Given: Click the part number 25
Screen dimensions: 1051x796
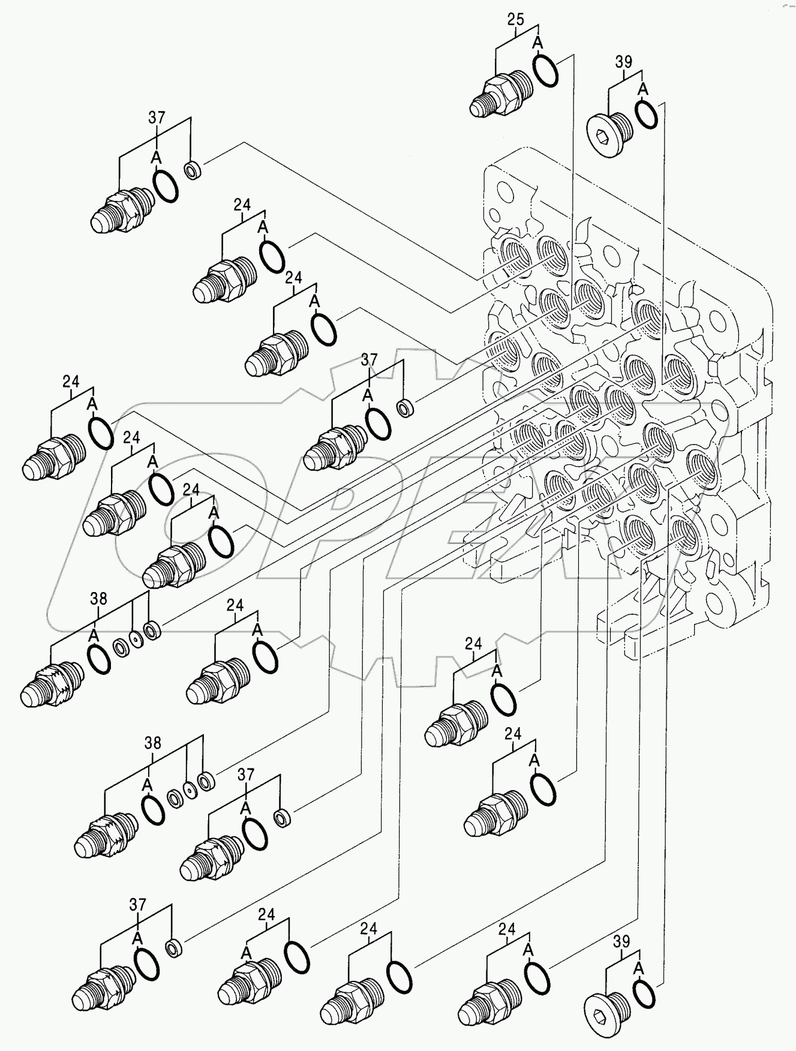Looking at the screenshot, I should click(515, 19).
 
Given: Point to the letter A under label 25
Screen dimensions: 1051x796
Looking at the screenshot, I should click(537, 42).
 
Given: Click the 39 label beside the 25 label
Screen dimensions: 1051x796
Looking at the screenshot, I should click(623, 62).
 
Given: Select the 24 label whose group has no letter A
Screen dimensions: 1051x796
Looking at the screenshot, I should click(368, 929).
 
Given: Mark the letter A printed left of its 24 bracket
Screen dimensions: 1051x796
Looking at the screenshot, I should click(246, 952).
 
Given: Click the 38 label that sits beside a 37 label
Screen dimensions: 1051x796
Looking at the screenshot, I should click(153, 743).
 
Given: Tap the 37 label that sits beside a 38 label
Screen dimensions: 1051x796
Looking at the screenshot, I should click(246, 774).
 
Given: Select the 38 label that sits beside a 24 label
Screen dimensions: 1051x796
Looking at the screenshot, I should click(99, 598).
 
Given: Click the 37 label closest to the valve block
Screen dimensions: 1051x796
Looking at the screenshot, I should click(370, 359).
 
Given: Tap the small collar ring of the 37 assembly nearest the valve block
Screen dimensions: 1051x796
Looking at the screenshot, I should click(406, 410).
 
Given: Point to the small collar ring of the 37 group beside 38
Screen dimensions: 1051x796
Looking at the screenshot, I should click(281, 818).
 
